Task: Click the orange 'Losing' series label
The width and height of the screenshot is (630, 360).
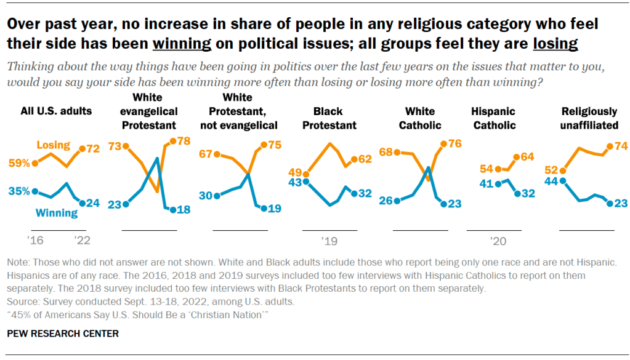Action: pos(53,145)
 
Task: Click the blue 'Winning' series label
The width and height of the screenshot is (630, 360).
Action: pos(57,214)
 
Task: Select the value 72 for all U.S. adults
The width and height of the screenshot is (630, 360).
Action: pos(94,149)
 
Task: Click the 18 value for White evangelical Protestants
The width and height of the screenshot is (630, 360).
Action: pos(184,210)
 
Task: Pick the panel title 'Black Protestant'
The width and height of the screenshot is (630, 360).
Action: pos(335,118)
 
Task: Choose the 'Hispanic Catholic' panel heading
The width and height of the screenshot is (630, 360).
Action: pos(493,118)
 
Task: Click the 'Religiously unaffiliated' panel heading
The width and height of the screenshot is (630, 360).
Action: pos(589,118)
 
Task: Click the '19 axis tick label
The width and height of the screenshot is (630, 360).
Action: pos(329,239)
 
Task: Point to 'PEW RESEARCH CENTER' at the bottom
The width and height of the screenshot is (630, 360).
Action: pos(62,334)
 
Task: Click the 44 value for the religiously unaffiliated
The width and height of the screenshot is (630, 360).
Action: pos(551,180)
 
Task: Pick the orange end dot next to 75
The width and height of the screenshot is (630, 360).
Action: pos(263,145)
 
